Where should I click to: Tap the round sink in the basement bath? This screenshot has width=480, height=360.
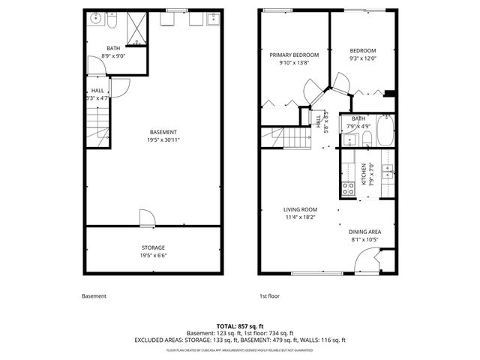[96, 19]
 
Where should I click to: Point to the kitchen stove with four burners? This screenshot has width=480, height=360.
[348, 189]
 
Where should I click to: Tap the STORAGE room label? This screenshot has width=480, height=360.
[153, 247]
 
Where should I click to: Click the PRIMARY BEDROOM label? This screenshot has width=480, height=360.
[295, 55]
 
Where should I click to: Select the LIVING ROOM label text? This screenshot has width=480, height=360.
[300, 209]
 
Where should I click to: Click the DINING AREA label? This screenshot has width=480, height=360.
[366, 232]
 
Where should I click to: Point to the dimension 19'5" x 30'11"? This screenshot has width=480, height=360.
[163, 139]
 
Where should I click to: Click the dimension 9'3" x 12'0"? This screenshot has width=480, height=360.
[362, 58]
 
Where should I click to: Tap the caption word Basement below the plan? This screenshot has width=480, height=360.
[94, 296]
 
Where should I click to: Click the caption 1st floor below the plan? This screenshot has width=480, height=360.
[269, 296]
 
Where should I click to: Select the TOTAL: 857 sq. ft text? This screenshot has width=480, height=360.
[240, 325]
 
